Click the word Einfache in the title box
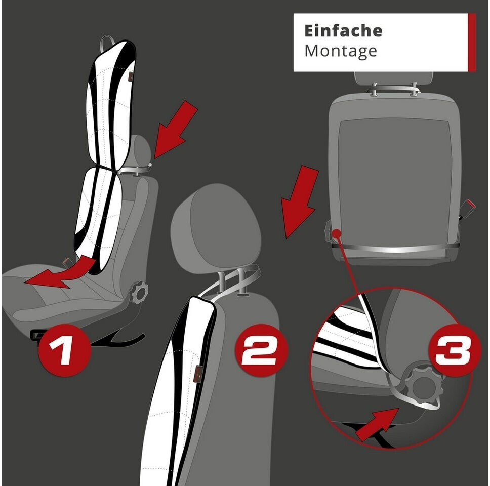coord(343,31)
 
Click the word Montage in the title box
coord(341,51)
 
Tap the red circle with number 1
coord(65,350)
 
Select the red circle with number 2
coord(260,350)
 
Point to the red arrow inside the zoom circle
coord(378,424)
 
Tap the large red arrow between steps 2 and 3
coord(300,202)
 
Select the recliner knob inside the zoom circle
coord(424,387)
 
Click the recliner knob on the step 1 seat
coord(138,293)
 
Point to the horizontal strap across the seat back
coord(395,249)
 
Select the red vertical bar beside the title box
coord(472,42)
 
